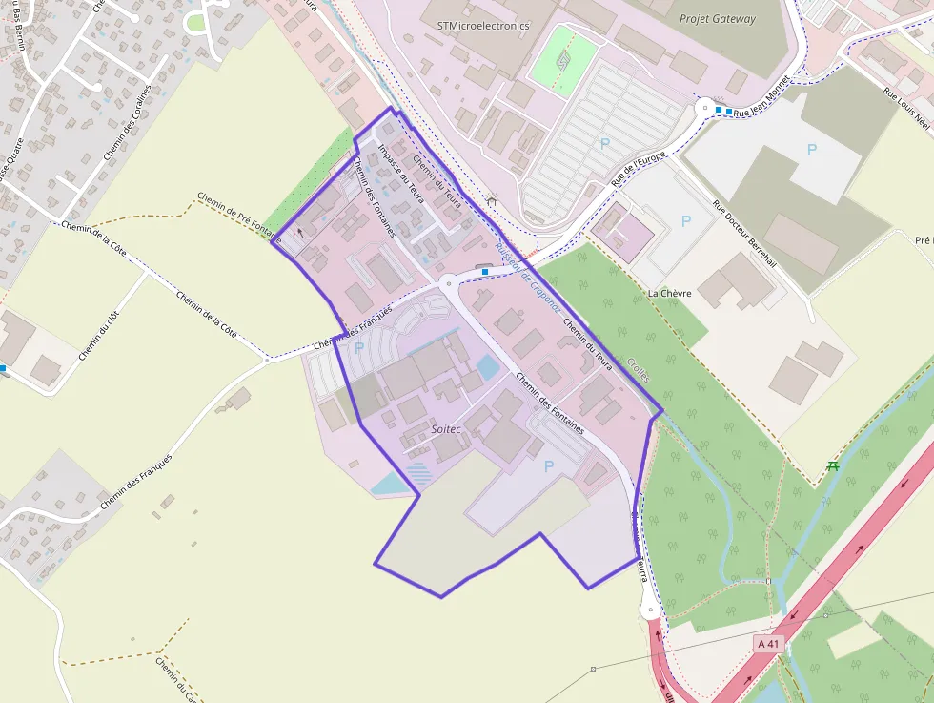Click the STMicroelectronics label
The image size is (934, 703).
pyautogui.click(x=481, y=26)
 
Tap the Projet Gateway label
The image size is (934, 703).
pyautogui.click(x=717, y=19)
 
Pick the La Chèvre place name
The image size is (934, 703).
pyautogui.click(x=669, y=293)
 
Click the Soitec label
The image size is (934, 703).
pyautogui.click(x=446, y=429)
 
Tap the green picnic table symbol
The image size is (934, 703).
pyautogui.click(x=833, y=465)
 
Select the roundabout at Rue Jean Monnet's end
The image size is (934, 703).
pyautogui.click(x=705, y=109)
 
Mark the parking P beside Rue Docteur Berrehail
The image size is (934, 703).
pyautogui.click(x=686, y=221)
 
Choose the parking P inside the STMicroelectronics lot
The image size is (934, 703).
pyautogui.click(x=603, y=143)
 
